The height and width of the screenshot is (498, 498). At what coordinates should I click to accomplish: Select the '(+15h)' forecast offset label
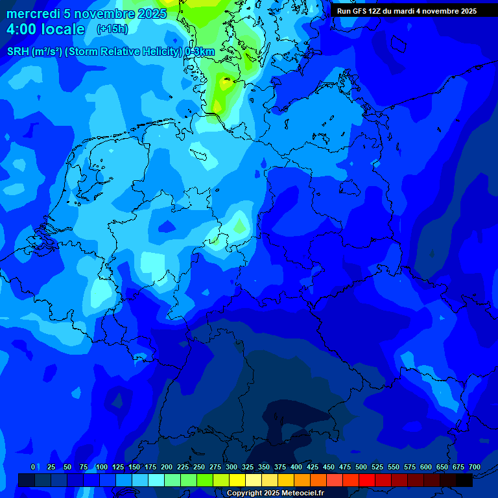point(112,29)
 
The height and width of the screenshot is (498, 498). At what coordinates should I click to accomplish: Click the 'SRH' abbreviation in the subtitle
point(18,52)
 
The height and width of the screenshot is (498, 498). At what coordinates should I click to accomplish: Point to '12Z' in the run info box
point(375,11)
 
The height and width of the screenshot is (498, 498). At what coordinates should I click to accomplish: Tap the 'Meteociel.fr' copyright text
point(303,493)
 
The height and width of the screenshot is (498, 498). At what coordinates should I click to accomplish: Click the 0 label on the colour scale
point(33,468)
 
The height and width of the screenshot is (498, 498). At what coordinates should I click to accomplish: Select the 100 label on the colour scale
point(102,468)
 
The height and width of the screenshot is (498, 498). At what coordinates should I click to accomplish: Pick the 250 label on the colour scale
point(199,468)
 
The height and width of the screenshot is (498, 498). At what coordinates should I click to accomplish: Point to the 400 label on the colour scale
point(296,468)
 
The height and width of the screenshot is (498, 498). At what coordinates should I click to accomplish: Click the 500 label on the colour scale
point(361,468)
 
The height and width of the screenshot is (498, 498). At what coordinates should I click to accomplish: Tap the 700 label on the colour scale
point(475,468)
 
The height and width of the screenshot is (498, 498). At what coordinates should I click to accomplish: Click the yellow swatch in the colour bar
point(237,480)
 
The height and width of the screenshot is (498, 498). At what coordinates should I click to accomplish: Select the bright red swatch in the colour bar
point(367,480)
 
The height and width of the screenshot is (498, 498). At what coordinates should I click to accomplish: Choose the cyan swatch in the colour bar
point(156,480)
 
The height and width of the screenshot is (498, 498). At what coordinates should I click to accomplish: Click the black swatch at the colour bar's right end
point(464,480)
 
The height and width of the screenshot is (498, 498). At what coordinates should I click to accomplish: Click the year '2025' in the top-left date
point(152,14)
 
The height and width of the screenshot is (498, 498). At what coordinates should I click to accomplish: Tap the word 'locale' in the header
point(63,29)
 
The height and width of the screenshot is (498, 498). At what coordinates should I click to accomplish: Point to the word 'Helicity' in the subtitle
point(162,52)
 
